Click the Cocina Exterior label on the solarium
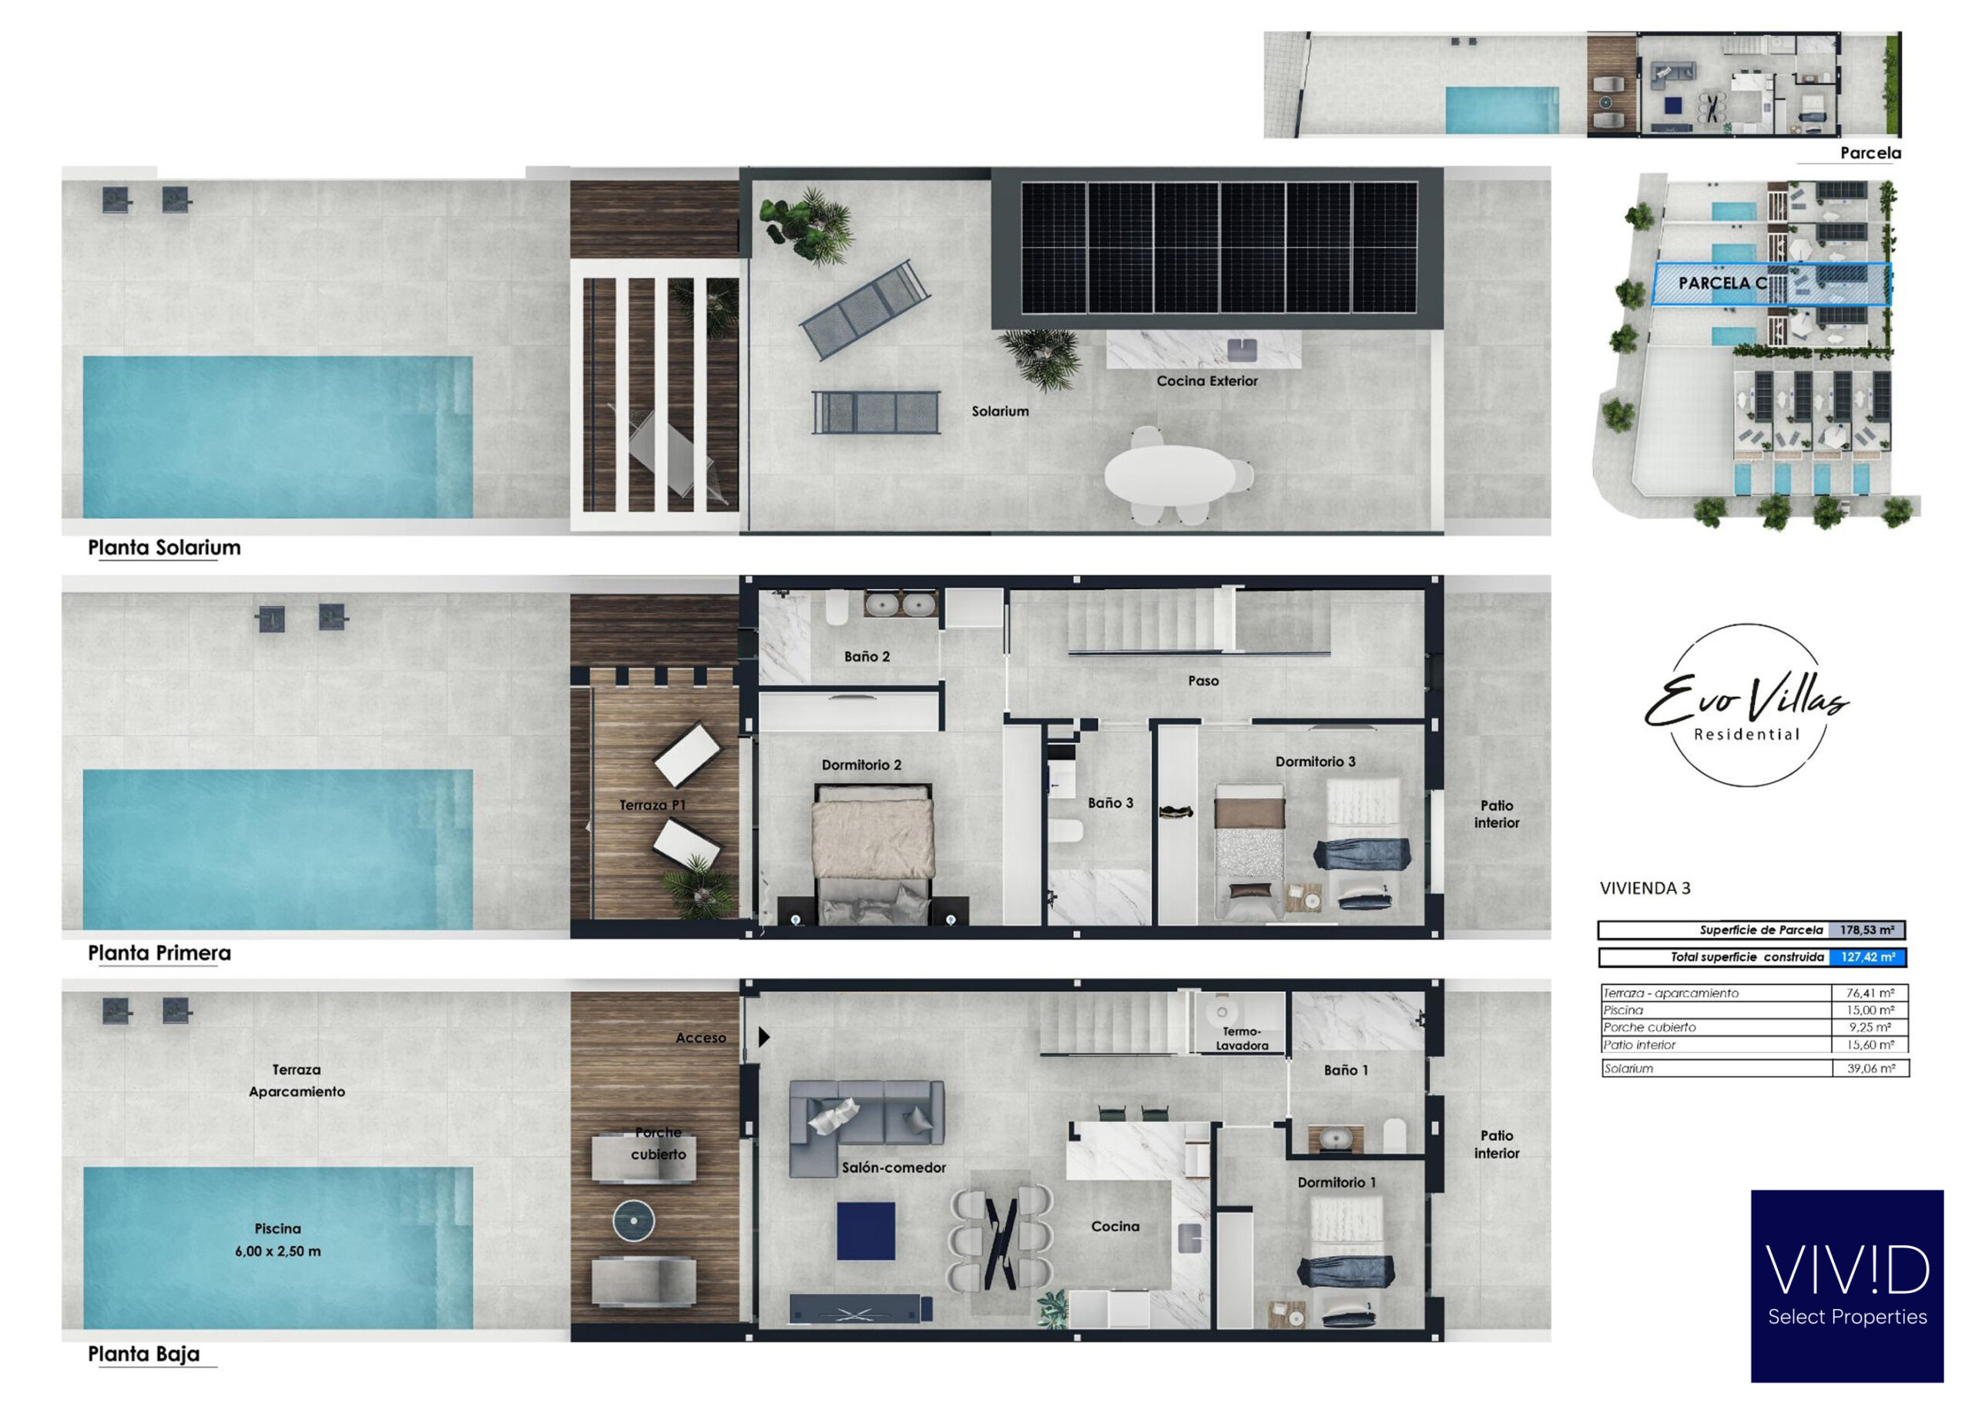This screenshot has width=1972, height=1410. [x=1206, y=380]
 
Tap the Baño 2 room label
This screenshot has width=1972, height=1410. [x=867, y=656]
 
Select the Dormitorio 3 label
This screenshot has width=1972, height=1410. [x=1315, y=762]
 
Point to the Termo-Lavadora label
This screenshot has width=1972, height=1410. [x=1242, y=1038]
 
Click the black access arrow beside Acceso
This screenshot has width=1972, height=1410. [x=763, y=1037]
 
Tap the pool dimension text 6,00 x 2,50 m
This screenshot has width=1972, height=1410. [x=278, y=1251]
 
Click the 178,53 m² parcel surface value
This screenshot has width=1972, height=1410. [x=1866, y=930]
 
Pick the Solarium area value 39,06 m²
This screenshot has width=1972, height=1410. [x=1870, y=1069]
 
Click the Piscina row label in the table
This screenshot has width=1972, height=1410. [x=1623, y=1010]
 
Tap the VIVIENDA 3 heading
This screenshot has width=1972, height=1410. [x=1645, y=888]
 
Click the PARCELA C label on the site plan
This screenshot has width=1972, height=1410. [x=1722, y=283]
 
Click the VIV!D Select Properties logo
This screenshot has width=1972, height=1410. [x=1847, y=1286]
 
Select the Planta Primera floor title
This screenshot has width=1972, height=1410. [x=159, y=953]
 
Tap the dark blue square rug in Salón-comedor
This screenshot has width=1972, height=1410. [x=866, y=1231]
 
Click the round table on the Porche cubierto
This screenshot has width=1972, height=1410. [x=634, y=1221]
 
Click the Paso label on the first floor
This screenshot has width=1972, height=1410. [x=1203, y=681]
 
